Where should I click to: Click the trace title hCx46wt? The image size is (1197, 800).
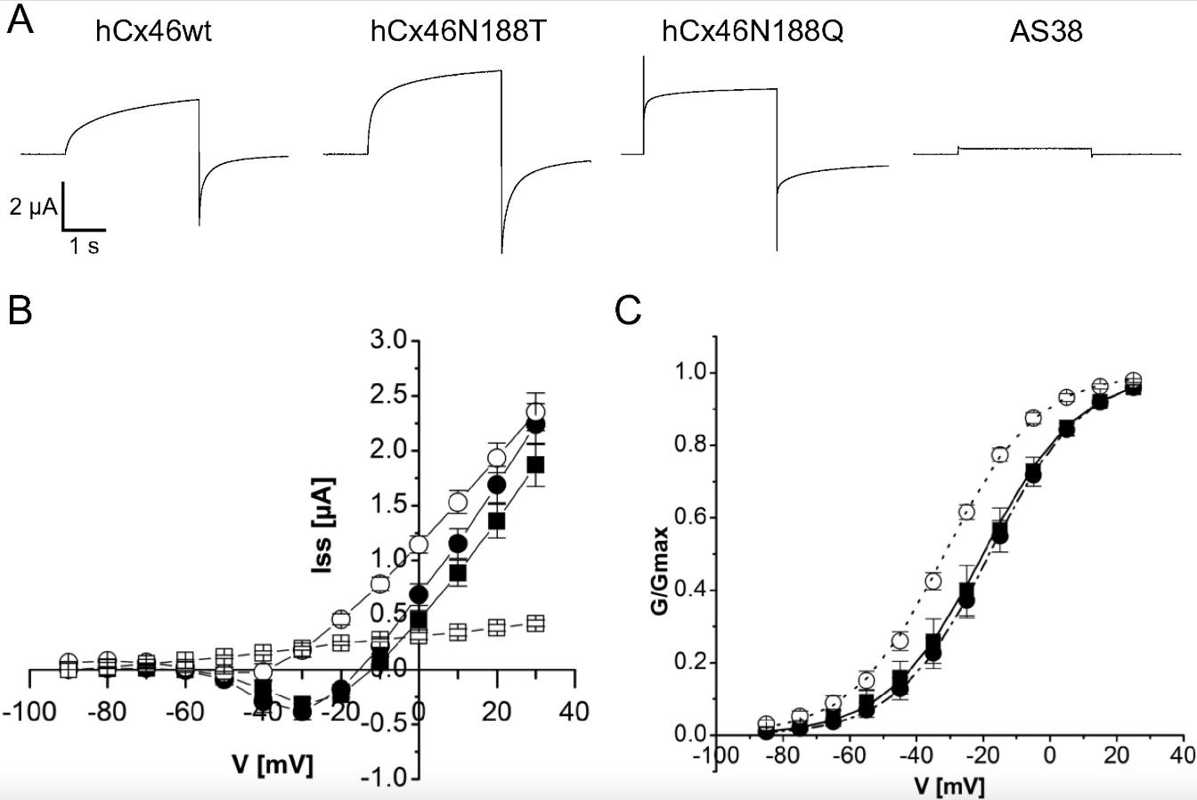[x=153, y=33]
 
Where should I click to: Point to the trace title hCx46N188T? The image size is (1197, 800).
[x=458, y=33]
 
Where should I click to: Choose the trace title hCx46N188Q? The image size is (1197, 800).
[x=753, y=33]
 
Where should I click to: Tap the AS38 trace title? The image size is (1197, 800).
[x=1046, y=33]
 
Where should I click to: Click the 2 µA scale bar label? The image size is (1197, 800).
[x=34, y=208]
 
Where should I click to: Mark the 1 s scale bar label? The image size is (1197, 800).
[x=85, y=247]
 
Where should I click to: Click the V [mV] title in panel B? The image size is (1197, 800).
[x=273, y=764]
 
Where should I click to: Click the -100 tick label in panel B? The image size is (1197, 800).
[x=28, y=712]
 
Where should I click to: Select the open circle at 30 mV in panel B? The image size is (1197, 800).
[x=535, y=412]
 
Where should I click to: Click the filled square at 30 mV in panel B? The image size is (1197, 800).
[x=535, y=465]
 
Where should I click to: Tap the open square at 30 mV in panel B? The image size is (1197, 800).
[x=535, y=624]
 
